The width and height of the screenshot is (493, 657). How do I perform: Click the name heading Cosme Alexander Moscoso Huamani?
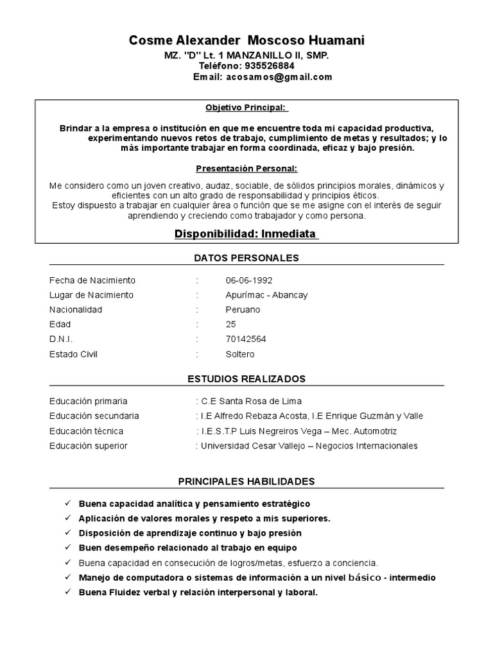pos(246,41)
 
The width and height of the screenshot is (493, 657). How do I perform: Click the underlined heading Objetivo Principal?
pos(246,108)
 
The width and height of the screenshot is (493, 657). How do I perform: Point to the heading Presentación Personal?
pos(246,169)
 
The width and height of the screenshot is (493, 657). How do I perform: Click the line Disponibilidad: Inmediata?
pos(246,234)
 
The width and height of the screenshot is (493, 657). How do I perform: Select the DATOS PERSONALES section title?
pos(246,258)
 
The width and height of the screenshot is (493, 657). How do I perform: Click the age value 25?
pos(231,325)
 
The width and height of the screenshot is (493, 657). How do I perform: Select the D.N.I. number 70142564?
pos(246,339)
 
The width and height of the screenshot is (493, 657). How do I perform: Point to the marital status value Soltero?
pos(240,354)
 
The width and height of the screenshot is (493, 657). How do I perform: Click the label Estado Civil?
pos(73,354)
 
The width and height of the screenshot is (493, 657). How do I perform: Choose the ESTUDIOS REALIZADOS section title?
pos(246,379)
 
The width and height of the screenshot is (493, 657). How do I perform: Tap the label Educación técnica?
pos(86,431)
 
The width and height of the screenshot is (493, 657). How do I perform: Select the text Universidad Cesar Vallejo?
pos(252,446)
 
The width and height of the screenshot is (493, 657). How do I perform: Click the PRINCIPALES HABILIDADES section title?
pos(246,481)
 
